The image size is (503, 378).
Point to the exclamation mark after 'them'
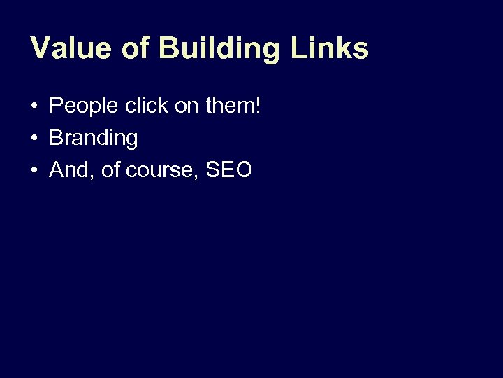pyautogui.click(x=258, y=106)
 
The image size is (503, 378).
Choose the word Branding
pyautogui.click(x=94, y=139)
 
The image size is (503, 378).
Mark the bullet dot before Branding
pyautogui.click(x=34, y=139)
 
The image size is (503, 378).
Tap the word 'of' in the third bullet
pyautogui.click(x=110, y=170)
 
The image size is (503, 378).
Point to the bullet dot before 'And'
pyautogui.click(x=34, y=170)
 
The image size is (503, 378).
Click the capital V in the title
pyautogui.click(x=41, y=48)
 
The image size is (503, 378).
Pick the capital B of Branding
pyautogui.click(x=56, y=138)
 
